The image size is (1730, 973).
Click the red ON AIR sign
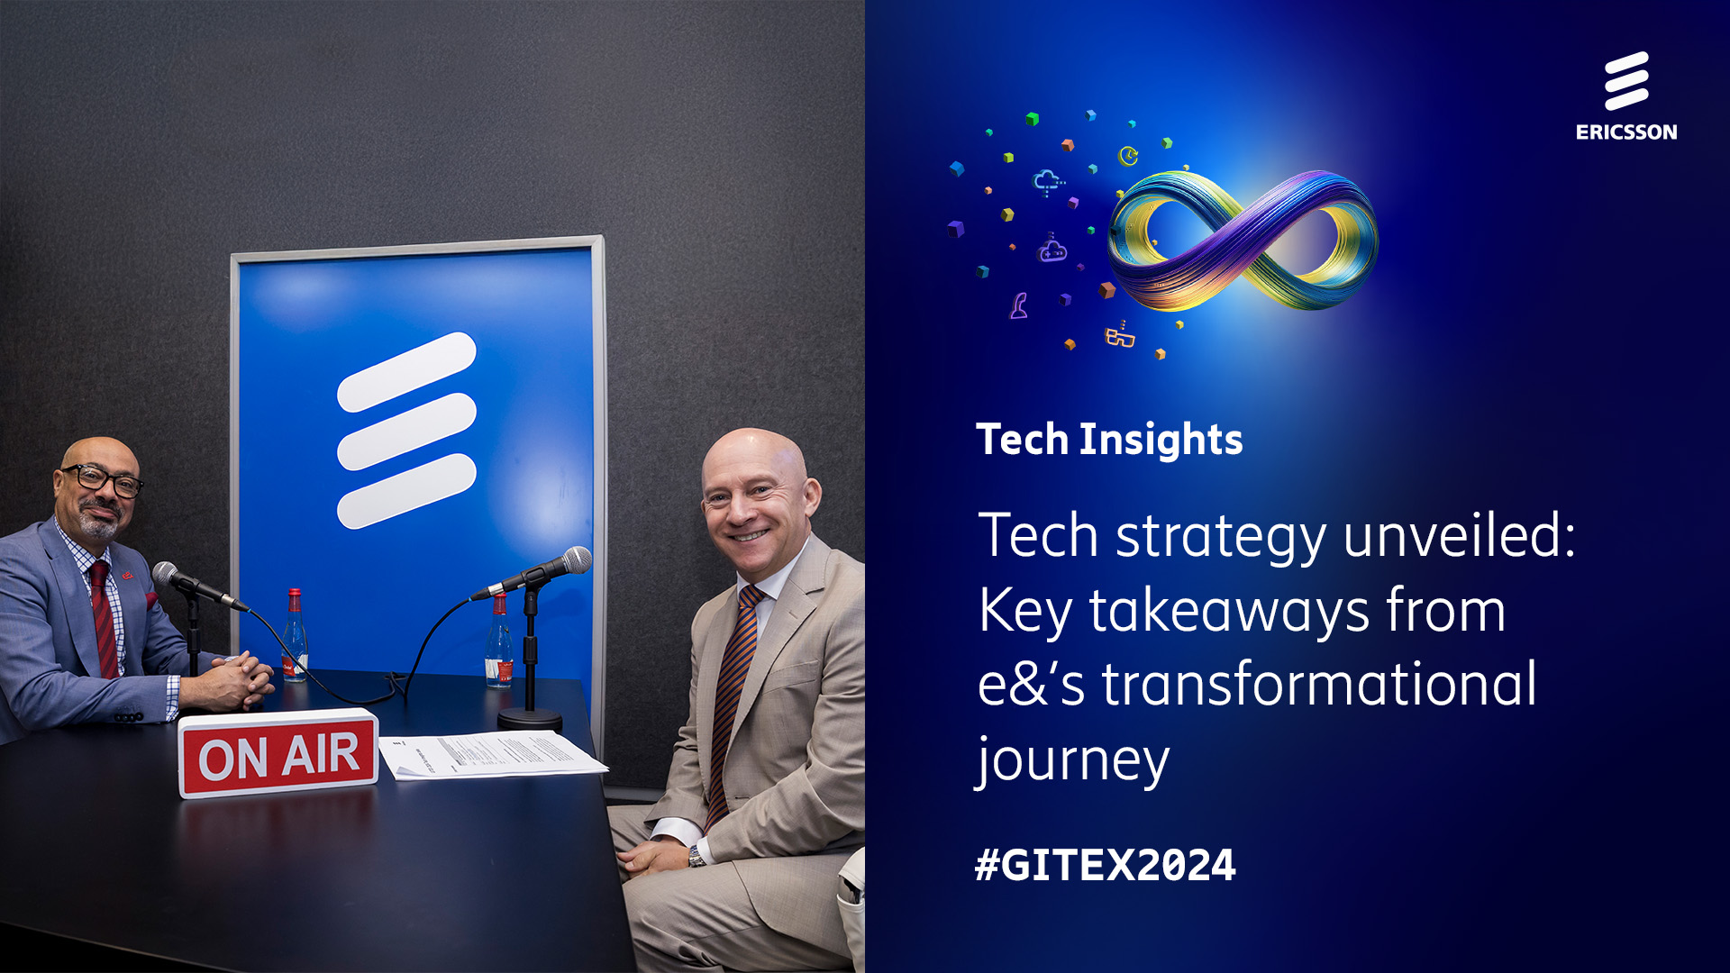pos(278,754)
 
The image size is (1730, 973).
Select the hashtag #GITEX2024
pos(1105,865)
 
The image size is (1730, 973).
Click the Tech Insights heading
pos(1109,440)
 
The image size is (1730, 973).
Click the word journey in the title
pos(1073,761)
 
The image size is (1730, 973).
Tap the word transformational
pos(1319,685)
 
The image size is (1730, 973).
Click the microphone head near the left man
pos(167,573)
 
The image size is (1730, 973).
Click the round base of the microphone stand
pos(530,718)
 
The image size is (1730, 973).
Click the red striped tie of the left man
pos(105,622)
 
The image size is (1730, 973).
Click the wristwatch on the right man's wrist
pos(697,855)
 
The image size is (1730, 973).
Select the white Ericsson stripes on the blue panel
pos(406,431)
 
